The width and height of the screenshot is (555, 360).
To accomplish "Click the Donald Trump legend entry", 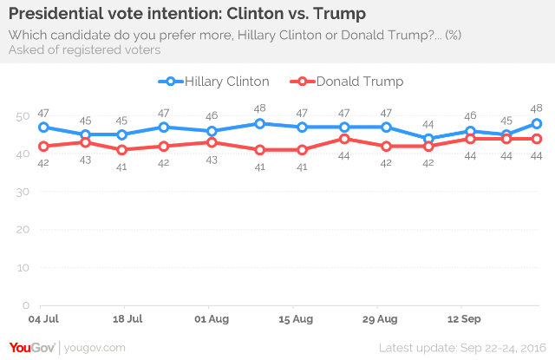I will tap(349, 82).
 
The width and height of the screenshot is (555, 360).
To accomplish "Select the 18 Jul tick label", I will tap(127, 319).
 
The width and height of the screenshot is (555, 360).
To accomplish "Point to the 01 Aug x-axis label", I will tap(213, 319).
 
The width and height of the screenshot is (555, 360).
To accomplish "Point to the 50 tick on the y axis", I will tap(23, 115).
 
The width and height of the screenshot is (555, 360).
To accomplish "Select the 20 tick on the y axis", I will tap(23, 230).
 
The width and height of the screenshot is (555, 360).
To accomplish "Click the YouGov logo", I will tap(31, 346).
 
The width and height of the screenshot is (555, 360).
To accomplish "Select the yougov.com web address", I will tap(95, 347).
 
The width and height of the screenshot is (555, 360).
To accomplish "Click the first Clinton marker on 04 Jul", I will tap(43, 127).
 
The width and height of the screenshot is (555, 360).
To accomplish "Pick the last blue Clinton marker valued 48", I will tap(537, 123).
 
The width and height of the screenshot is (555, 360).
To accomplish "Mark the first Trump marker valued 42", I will tap(43, 146).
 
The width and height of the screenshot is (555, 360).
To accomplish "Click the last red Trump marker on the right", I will tap(537, 139).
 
